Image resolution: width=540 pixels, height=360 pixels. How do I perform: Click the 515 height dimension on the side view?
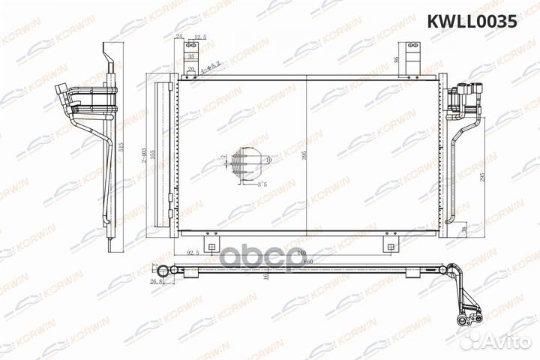[x=121, y=147]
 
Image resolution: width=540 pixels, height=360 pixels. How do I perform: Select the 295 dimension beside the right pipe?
[x=482, y=178]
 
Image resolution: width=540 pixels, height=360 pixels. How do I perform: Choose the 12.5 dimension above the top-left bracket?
[x=200, y=37]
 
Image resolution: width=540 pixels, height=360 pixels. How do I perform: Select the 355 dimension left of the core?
[x=150, y=154]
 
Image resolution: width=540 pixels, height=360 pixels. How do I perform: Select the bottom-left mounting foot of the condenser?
[x=212, y=245]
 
